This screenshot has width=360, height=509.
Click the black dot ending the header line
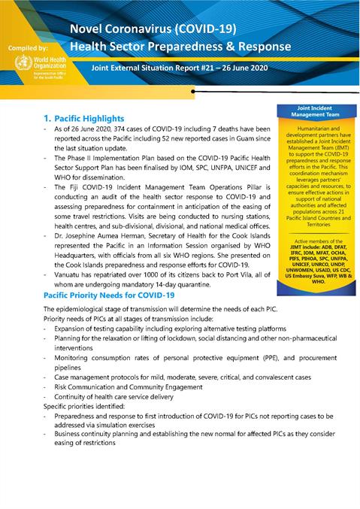tap(193, 90)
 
